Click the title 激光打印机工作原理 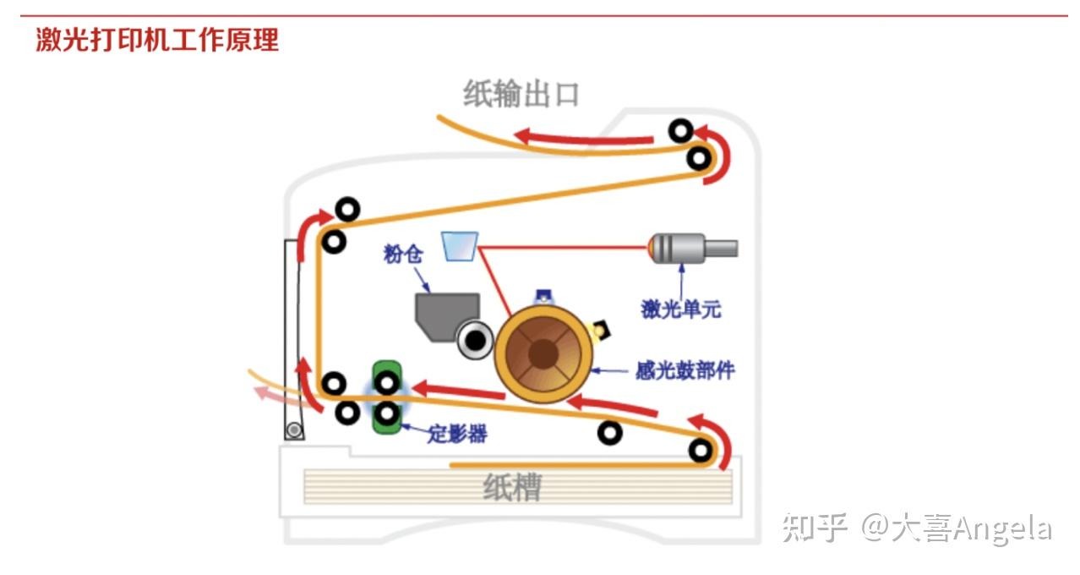(x=157, y=40)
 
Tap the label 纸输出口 (x=521, y=94)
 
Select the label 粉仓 (x=402, y=253)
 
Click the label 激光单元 (x=681, y=309)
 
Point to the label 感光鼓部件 (x=685, y=370)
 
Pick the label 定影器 (x=457, y=435)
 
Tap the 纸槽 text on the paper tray (x=512, y=488)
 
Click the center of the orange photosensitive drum (x=542, y=353)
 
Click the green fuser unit (x=388, y=397)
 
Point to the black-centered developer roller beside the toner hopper (x=476, y=340)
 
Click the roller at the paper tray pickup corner (x=700, y=450)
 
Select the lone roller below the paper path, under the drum (x=609, y=433)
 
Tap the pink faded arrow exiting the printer (x=272, y=392)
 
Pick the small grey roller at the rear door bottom (x=293, y=430)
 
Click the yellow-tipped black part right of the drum (x=603, y=329)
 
